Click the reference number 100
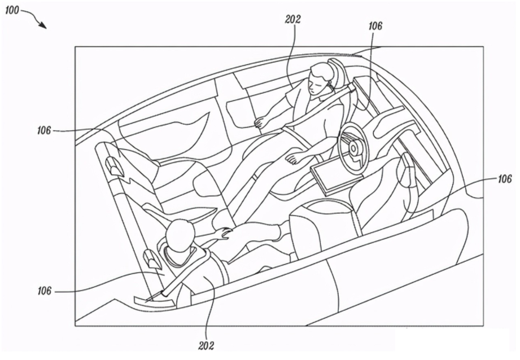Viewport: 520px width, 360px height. [12, 11]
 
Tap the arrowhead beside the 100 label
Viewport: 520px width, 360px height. [43, 25]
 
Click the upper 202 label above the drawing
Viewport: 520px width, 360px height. [293, 19]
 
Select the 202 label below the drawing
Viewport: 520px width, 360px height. [206, 346]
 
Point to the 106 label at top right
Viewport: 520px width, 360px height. [375, 26]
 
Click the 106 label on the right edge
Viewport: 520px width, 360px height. [504, 179]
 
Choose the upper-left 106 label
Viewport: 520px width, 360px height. [44, 130]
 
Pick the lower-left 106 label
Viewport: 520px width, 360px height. [44, 291]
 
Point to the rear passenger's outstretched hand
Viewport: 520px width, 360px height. [224, 232]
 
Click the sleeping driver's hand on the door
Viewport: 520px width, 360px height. [260, 122]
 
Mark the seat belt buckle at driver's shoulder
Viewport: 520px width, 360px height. [352, 89]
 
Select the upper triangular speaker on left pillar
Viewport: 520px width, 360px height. [112, 165]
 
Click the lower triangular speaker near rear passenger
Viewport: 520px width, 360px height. [151, 259]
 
